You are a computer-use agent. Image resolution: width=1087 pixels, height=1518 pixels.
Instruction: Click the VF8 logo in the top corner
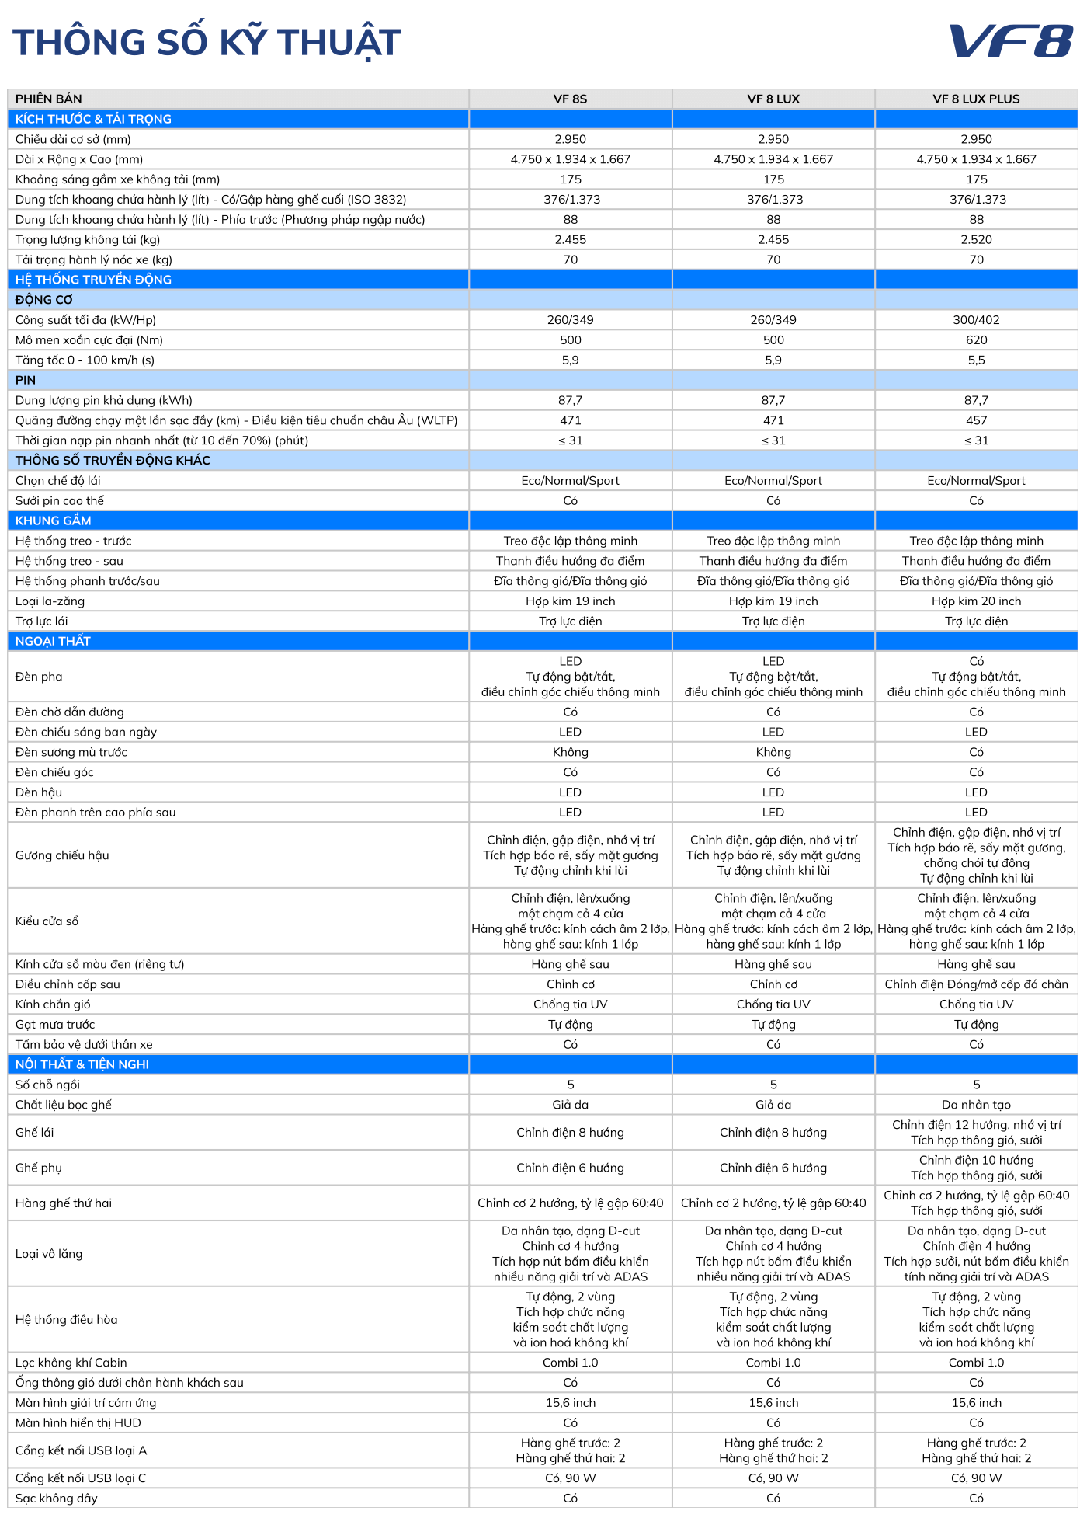(x=1010, y=41)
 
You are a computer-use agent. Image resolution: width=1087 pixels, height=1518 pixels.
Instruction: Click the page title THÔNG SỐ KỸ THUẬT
(x=207, y=43)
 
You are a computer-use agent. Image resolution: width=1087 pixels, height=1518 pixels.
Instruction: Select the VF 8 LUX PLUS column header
(x=976, y=99)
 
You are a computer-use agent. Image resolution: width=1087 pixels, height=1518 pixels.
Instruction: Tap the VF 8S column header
(x=570, y=99)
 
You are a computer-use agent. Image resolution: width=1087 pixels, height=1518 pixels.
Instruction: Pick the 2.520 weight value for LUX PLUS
(x=976, y=239)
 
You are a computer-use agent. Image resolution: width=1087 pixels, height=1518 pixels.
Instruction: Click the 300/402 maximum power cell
(x=976, y=320)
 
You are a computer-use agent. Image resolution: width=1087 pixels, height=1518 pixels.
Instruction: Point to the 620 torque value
(x=976, y=340)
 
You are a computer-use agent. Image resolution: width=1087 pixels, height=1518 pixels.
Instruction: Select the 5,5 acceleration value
(x=976, y=360)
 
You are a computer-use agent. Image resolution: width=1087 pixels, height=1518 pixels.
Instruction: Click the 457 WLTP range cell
(x=976, y=420)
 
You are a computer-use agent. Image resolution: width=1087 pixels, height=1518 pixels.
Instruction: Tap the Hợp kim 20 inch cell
(x=976, y=601)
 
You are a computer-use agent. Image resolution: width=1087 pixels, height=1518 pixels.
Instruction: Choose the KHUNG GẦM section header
(x=54, y=521)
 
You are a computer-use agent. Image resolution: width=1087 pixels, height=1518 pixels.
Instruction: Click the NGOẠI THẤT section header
(x=53, y=641)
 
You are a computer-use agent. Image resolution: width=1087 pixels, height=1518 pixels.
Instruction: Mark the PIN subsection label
(x=26, y=380)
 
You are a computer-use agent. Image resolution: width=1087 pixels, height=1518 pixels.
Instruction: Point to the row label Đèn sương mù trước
(x=71, y=752)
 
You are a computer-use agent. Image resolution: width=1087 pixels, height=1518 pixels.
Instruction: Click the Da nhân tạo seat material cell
(x=976, y=1105)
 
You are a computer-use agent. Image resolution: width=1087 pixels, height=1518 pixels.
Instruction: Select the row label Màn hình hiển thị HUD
(x=78, y=1422)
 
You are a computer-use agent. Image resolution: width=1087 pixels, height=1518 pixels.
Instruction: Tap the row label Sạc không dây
(x=57, y=1498)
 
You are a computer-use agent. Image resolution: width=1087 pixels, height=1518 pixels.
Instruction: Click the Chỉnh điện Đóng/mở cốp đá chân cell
(x=976, y=984)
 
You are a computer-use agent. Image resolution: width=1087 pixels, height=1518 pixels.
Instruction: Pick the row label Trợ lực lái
(x=42, y=621)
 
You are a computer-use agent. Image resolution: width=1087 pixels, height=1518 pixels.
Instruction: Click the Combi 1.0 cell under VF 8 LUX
(x=773, y=1363)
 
